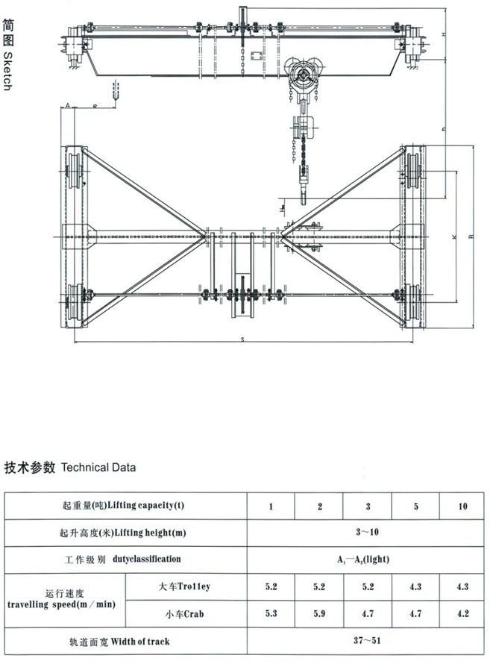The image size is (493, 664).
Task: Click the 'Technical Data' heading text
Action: pos(98,469)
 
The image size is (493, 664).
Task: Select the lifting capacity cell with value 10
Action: pos(463,507)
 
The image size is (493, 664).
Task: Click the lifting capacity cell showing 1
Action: pos(271,507)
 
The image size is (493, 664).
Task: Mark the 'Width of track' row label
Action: pos(126,641)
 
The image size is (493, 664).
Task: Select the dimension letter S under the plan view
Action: pos(244,339)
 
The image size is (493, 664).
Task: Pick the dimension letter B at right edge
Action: pos(470,237)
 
